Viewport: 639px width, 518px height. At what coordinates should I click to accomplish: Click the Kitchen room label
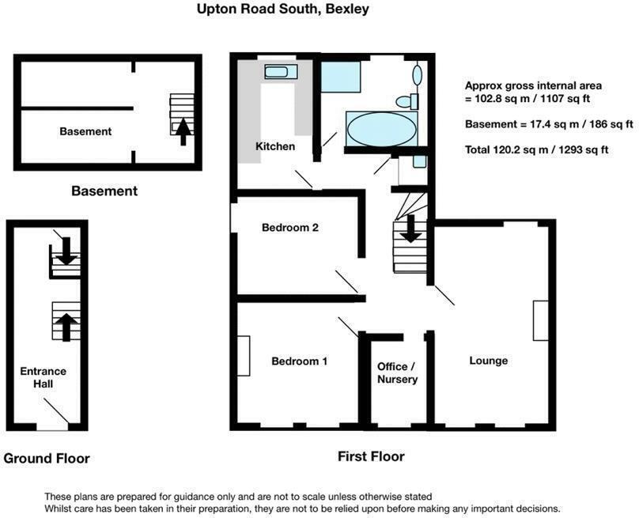(275, 146)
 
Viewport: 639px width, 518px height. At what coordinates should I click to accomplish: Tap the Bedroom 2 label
(290, 228)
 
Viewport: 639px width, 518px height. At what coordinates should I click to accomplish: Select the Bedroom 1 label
(299, 361)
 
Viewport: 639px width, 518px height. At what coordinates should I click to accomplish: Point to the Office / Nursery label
(397, 373)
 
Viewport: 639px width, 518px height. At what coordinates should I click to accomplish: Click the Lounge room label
(489, 361)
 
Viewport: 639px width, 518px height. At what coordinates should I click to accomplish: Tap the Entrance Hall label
(43, 377)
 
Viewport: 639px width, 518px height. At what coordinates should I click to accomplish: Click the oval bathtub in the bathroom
(382, 129)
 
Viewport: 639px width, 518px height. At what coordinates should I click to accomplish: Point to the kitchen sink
(281, 73)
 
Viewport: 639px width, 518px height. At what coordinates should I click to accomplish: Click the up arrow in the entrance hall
(66, 325)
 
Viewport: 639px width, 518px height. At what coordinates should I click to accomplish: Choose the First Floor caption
(371, 456)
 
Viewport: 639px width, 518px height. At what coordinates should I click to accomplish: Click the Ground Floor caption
(47, 459)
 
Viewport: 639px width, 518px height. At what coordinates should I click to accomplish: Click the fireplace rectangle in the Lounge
(541, 320)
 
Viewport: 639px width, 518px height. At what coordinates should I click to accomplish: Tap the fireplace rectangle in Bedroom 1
(243, 357)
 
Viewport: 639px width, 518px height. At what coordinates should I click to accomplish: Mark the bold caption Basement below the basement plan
(104, 191)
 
